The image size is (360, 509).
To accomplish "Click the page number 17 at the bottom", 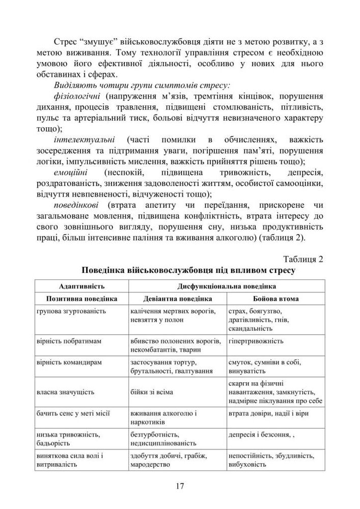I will coord(180,485).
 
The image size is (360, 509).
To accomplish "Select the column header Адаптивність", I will coord(75,286).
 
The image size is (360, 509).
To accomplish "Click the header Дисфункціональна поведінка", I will coord(227,286).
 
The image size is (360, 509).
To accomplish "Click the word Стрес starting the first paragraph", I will coord(65,41).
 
